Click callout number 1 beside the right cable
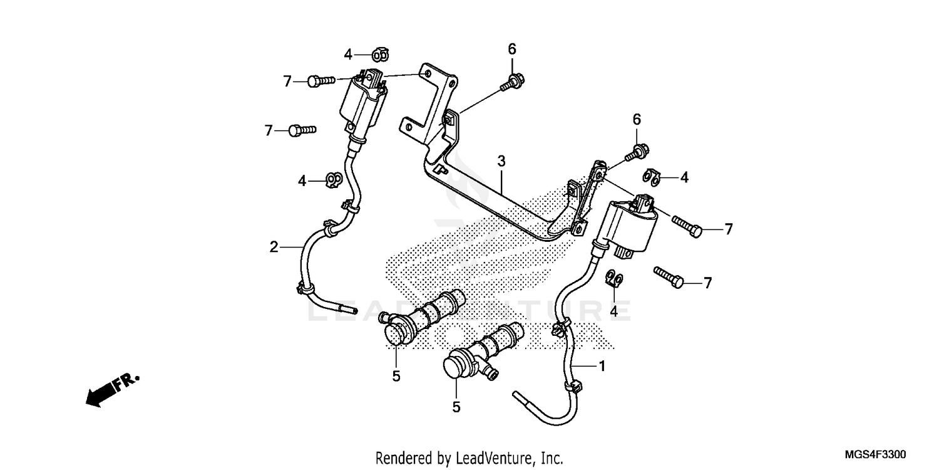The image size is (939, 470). tap(602, 365)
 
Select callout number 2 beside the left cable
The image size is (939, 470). tap(274, 247)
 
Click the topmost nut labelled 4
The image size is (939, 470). tap(379, 55)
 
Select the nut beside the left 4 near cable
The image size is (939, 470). tap(332, 180)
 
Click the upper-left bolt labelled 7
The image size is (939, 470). tap(321, 80)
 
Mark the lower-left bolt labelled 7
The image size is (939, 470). tap(302, 130)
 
